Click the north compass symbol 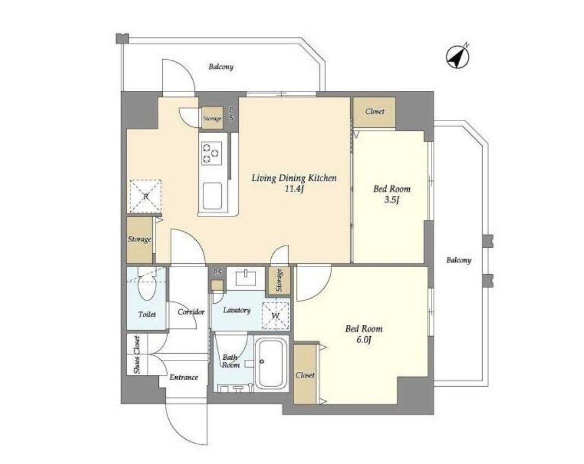458,56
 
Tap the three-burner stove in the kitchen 210,152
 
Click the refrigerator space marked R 146,196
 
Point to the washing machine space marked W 276,315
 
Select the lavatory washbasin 246,277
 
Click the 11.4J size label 294,189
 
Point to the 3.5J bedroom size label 392,200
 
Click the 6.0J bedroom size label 364,340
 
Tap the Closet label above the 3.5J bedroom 375,111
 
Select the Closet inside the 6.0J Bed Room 305,374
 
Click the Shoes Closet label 137,355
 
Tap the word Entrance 184,377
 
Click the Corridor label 191,312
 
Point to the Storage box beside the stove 212,118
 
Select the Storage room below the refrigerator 140,240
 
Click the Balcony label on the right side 459,261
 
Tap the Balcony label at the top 221,67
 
